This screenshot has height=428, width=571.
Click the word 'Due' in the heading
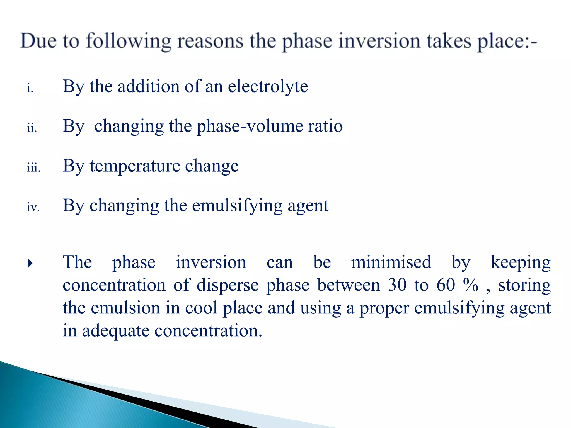[38, 41]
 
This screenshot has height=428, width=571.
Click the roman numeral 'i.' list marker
[30, 89]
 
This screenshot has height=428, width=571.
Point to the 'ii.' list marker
[32, 128]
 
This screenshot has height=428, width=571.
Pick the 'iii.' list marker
[34, 168]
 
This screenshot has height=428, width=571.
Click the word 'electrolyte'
[268, 86]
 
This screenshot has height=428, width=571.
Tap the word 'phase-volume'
[250, 126]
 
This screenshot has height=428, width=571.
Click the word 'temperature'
[135, 166]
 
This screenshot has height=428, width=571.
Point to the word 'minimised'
[391, 262]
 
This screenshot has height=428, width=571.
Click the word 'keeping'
[520, 263]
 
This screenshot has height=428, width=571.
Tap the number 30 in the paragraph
[397, 285]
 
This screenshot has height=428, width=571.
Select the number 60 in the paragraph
[446, 285]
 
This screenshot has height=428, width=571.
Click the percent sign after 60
[471, 285]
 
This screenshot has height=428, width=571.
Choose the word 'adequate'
[116, 331]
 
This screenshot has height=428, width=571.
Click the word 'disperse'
[228, 285]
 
